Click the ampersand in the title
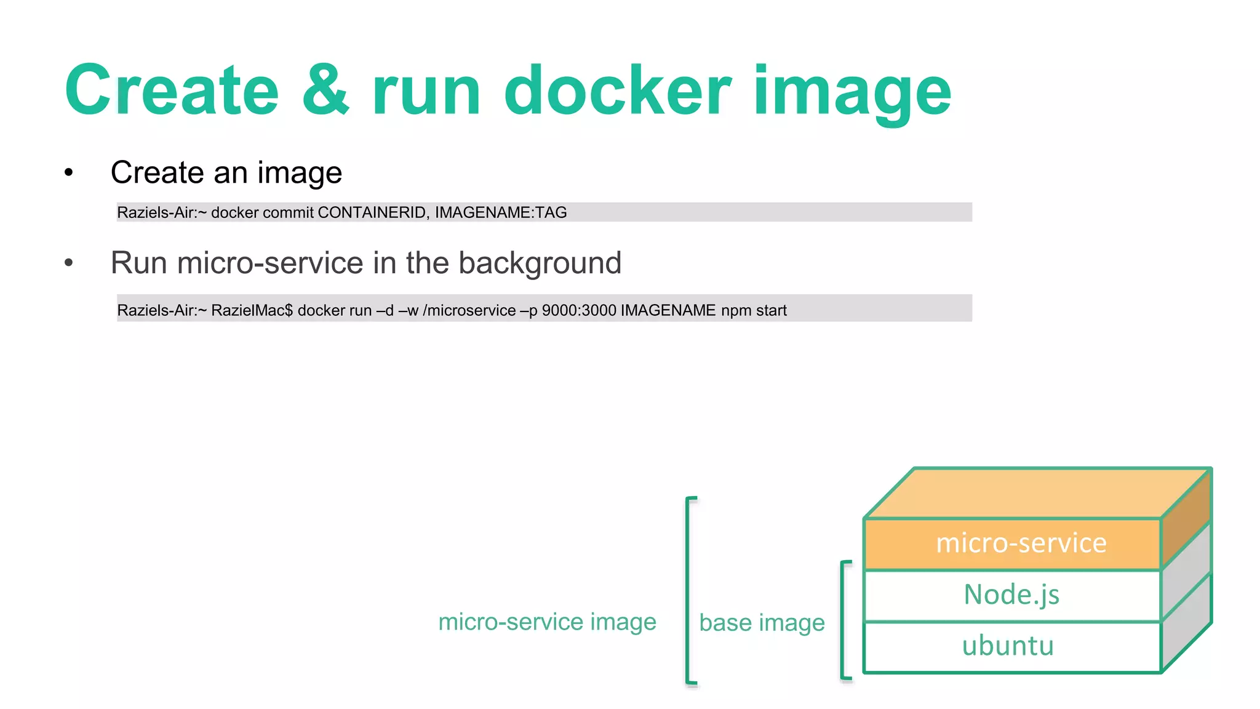(325, 91)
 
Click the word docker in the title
(617, 91)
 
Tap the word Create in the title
(172, 91)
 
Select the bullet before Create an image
(69, 173)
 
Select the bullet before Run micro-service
(69, 263)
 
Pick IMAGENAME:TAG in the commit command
(500, 213)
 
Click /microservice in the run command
(469, 310)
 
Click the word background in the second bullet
(540, 263)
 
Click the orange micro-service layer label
(1021, 543)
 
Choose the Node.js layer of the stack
(1011, 595)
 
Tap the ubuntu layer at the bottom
(1008, 646)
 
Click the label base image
(762, 623)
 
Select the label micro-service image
(547, 622)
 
